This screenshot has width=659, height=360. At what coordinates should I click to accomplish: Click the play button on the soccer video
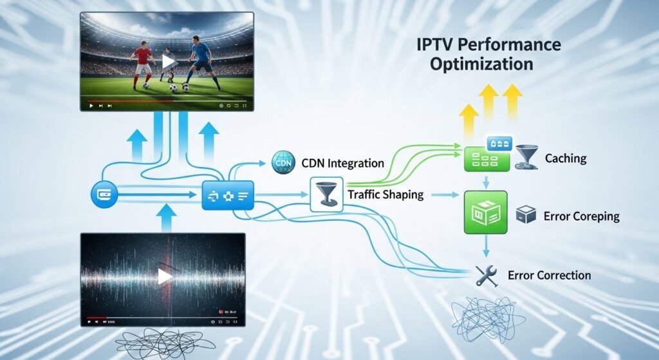point(168,62)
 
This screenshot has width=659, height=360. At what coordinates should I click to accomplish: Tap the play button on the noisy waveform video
point(165,276)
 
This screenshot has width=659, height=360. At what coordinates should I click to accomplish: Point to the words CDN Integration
point(343,163)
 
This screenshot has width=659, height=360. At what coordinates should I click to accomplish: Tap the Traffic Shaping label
point(385,194)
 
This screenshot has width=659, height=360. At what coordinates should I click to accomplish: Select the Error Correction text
point(549,275)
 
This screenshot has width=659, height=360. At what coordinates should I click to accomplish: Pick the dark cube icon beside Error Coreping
point(526,216)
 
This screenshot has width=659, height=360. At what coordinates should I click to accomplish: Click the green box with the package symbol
point(486,212)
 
